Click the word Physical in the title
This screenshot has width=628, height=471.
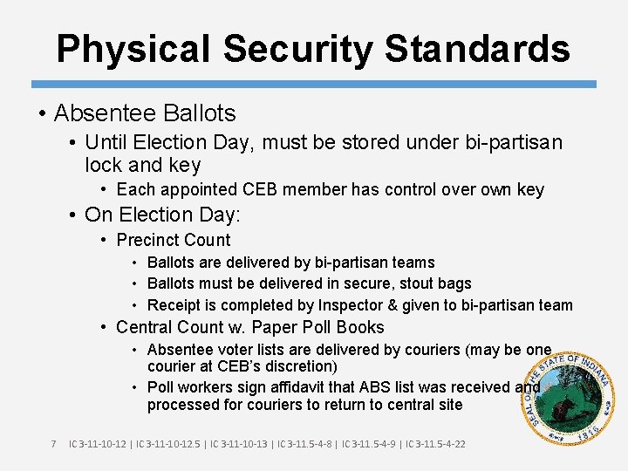pyautogui.click(x=132, y=49)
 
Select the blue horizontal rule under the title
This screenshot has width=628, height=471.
pyautogui.click(x=314, y=85)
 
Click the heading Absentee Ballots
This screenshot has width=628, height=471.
pyautogui.click(x=145, y=113)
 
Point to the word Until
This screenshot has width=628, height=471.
pyautogui.click(x=107, y=142)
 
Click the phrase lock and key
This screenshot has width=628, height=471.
pyautogui.click(x=143, y=165)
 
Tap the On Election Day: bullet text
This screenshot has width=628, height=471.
pyautogui.click(x=162, y=215)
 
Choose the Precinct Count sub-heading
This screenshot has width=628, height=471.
pyautogui.click(x=174, y=240)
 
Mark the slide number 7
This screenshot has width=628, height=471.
pyautogui.click(x=53, y=444)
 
